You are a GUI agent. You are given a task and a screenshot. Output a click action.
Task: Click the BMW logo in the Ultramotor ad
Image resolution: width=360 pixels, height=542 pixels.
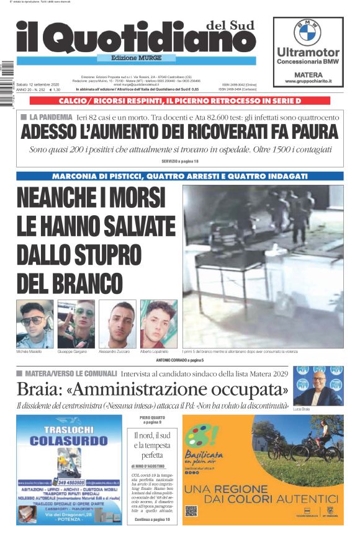click(x=307, y=32)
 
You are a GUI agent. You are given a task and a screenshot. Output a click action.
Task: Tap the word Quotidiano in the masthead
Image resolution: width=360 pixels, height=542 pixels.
click(x=149, y=38)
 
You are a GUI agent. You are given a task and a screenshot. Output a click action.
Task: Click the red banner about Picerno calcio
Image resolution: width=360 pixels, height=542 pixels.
click(x=179, y=100)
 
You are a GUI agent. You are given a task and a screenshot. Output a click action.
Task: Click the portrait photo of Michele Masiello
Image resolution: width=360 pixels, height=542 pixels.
click(x=35, y=323)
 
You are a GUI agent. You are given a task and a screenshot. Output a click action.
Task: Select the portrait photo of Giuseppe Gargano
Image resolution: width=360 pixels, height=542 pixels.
click(x=76, y=323)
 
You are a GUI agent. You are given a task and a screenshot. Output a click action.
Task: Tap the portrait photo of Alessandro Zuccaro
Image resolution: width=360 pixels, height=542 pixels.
click(x=117, y=323)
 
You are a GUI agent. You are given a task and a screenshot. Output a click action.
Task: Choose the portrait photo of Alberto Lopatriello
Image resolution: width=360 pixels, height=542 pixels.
click(x=159, y=323)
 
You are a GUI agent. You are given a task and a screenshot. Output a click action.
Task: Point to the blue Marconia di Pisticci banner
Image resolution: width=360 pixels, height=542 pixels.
click(x=179, y=176)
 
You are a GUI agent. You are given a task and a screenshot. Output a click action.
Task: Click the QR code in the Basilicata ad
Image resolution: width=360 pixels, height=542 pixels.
click(x=191, y=511)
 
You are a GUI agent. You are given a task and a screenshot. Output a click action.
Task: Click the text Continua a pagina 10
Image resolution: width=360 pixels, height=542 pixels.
click(x=151, y=519)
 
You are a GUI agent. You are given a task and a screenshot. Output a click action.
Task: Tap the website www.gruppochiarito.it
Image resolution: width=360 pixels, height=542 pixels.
click(x=308, y=81)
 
